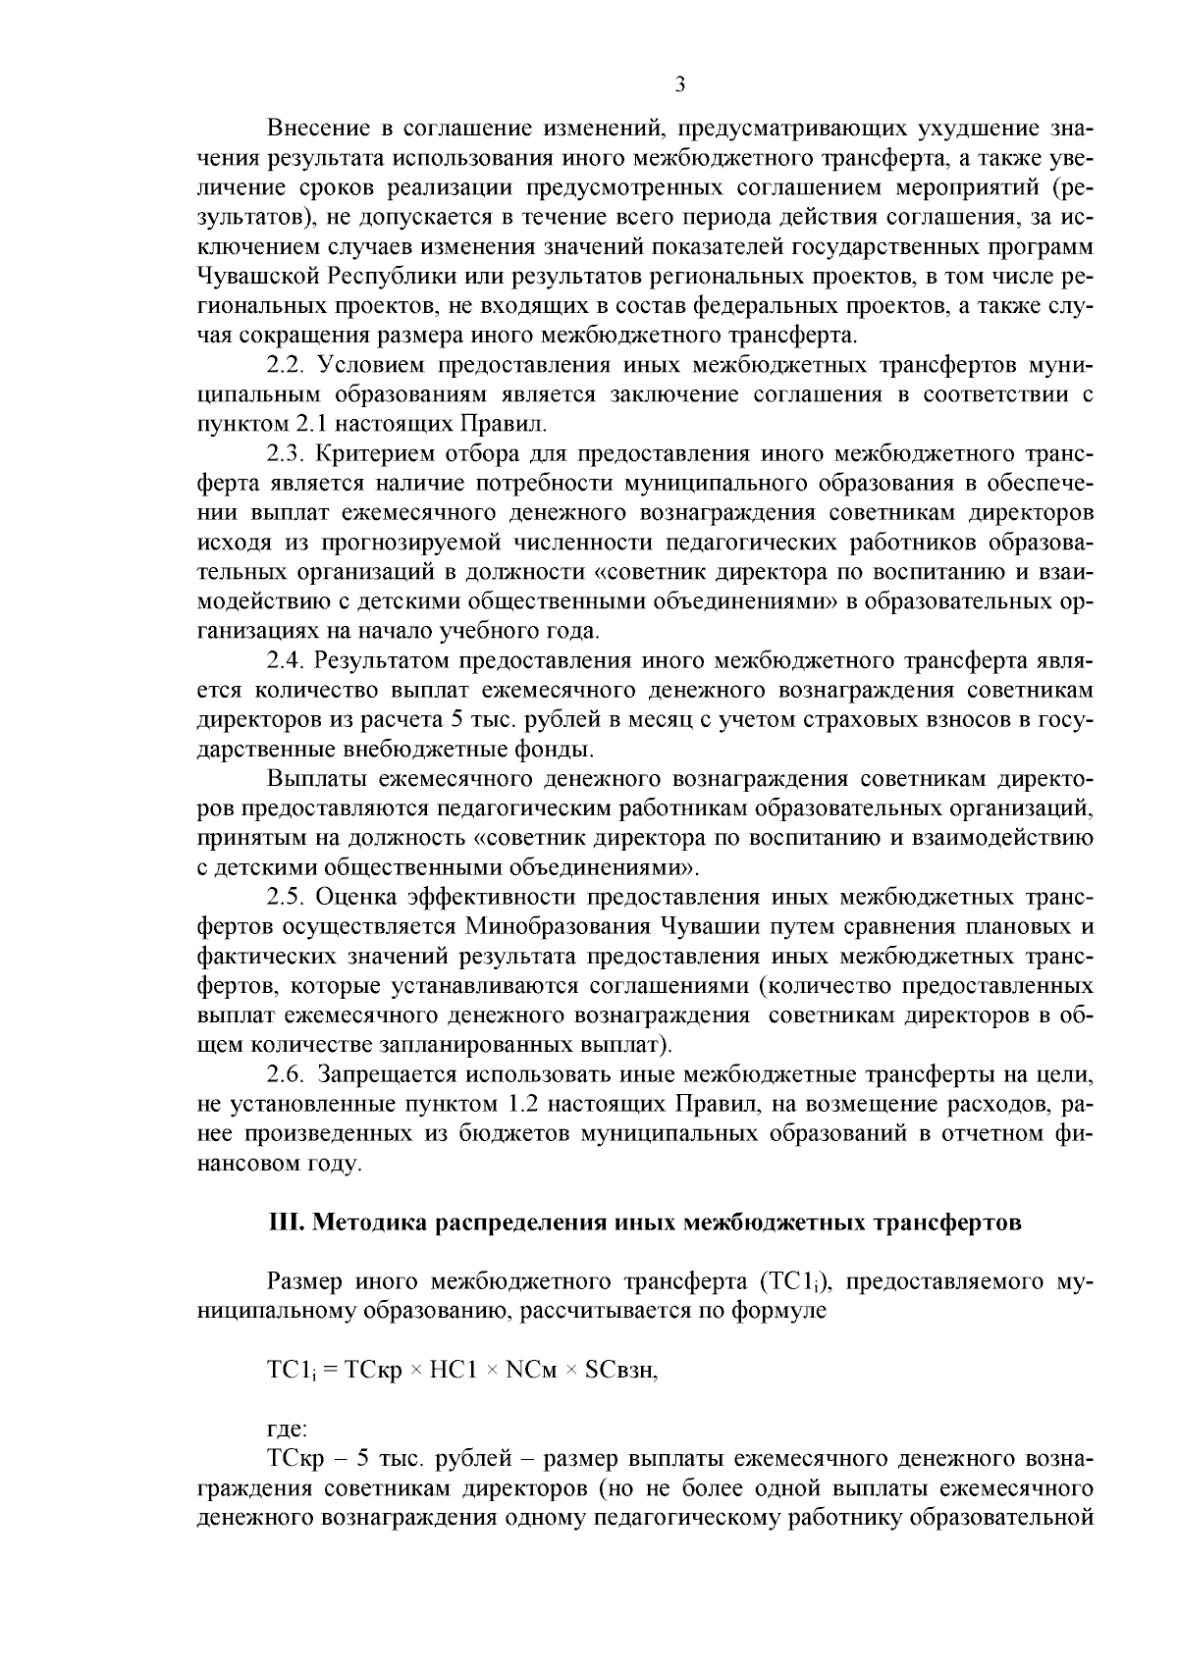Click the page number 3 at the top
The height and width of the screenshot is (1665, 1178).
point(680,85)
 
